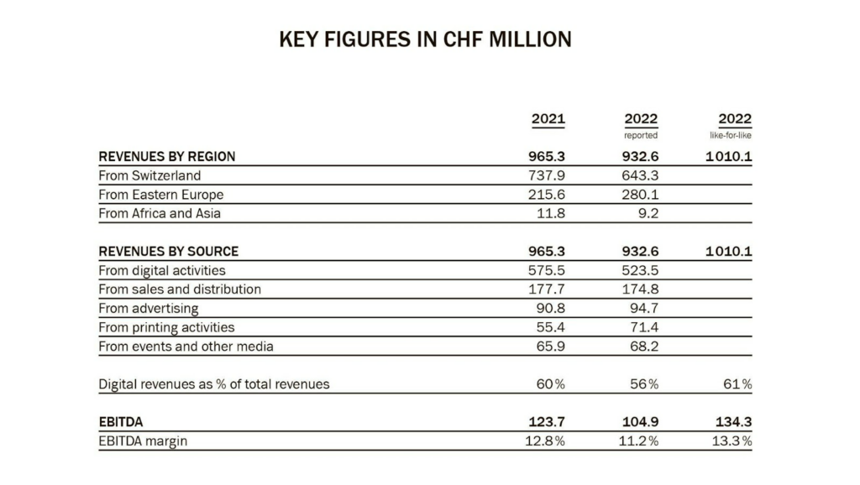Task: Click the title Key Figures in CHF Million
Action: (425, 39)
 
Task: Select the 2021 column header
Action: (548, 119)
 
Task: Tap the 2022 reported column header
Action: (641, 119)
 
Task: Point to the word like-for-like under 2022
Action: (731, 135)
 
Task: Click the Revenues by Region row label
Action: (167, 157)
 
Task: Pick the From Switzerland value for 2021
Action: (546, 175)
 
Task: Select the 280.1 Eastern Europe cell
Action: (640, 195)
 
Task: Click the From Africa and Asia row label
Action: (160, 213)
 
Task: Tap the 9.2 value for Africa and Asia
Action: (648, 213)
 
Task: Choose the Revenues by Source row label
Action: (168, 252)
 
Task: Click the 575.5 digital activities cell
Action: (546, 270)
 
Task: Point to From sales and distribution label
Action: (180, 289)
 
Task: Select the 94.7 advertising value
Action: (644, 308)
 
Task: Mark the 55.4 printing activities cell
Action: (551, 327)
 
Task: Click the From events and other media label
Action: (186, 347)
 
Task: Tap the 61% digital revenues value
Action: (737, 384)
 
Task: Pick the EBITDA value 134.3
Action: (733, 422)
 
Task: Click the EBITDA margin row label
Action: (143, 441)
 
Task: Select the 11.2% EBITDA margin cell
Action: (638, 441)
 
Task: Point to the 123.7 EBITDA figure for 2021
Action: (546, 422)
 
